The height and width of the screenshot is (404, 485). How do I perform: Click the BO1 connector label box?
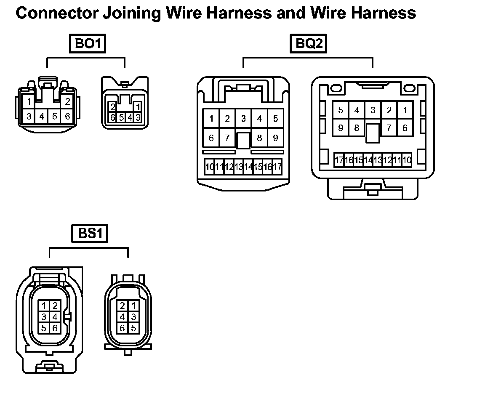[88, 43]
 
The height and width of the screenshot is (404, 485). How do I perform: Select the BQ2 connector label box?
[309, 43]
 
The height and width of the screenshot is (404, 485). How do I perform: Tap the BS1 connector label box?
[90, 234]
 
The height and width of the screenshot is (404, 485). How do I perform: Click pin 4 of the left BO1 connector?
[42, 116]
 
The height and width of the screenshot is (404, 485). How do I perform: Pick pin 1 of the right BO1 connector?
[138, 107]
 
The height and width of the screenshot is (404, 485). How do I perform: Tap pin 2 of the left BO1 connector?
[67, 101]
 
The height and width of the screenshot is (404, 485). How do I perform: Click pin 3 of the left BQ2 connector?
[243, 119]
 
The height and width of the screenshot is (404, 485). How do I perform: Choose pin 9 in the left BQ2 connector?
[275, 138]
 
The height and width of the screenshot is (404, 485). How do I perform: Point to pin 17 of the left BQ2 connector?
[277, 167]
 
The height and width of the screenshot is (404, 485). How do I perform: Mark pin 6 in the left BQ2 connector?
[211, 138]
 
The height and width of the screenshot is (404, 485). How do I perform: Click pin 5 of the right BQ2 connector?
[341, 110]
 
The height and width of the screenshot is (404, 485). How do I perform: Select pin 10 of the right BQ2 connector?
[407, 160]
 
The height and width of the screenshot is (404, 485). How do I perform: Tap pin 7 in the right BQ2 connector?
[389, 128]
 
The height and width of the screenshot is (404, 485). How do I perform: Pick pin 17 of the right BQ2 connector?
[339, 160]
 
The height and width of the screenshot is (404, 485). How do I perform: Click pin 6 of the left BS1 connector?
[55, 328]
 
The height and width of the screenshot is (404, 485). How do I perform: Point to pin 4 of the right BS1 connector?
[123, 317]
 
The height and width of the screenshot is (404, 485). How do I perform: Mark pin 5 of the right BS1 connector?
[133, 328]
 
